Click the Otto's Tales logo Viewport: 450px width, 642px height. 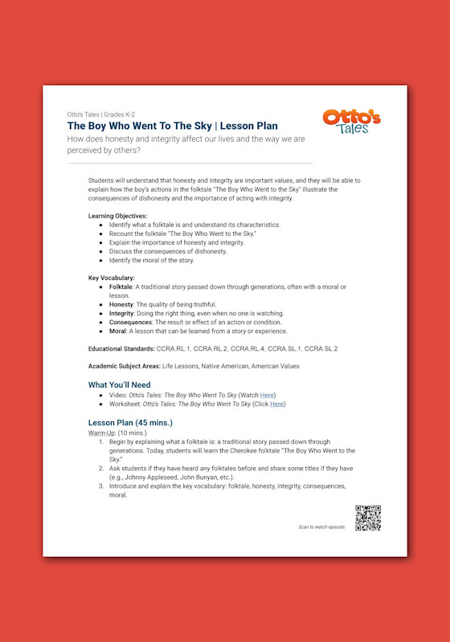(351, 123)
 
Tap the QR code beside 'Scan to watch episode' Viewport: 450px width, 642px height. (367, 518)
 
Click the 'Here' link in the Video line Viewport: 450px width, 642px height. (268, 396)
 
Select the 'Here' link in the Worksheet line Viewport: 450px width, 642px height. (276, 404)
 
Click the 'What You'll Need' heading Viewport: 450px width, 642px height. (119, 384)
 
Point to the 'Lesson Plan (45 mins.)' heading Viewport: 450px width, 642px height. (130, 422)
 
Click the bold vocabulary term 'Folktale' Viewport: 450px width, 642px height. (121, 286)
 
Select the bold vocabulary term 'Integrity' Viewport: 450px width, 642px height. (121, 313)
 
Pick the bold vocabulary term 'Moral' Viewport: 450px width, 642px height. (118, 331)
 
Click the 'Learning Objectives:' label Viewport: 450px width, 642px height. (117, 216)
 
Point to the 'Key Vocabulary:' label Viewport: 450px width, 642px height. (111, 278)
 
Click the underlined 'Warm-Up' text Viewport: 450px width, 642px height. (101, 433)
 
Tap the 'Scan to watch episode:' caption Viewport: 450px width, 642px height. (322, 526)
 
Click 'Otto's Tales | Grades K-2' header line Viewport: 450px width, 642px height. (101, 114)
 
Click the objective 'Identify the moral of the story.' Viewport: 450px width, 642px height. (152, 260)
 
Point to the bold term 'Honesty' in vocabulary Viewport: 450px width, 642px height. (121, 304)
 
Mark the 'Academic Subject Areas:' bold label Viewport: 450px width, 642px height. (124, 366)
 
